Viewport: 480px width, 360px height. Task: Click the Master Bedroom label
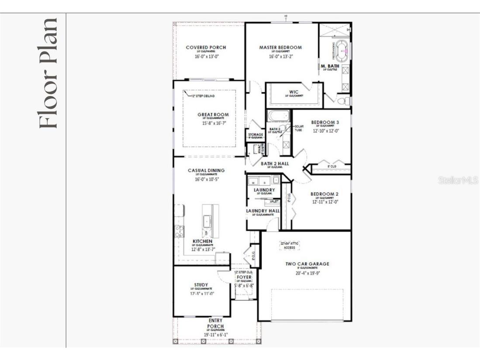(280, 48)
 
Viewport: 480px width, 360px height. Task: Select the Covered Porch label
(206, 48)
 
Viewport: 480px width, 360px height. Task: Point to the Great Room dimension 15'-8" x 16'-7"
(213, 123)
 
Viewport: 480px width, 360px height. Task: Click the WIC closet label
(294, 92)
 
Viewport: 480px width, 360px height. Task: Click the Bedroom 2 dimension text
(325, 202)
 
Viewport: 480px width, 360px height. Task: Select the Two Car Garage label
(307, 264)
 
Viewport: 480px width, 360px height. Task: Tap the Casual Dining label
(206, 170)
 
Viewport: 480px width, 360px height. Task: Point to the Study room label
(201, 285)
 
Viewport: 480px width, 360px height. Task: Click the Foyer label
(244, 277)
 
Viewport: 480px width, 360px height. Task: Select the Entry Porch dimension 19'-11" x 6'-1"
(216, 335)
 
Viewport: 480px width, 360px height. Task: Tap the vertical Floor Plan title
(48, 73)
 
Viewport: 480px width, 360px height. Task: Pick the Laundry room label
(264, 190)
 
